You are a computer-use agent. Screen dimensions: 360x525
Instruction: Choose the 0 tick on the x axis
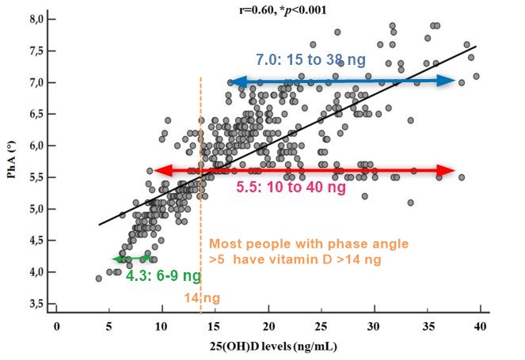(x=56, y=325)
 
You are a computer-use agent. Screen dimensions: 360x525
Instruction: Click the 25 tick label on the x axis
(x=321, y=325)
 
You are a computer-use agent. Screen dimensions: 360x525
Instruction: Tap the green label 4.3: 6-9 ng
(x=153, y=277)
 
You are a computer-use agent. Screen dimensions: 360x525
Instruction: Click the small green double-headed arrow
(x=131, y=259)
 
